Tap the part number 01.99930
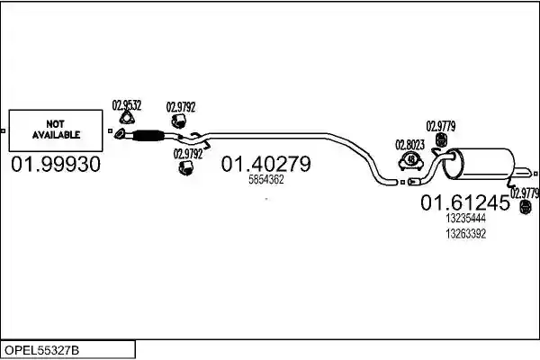tap(56, 164)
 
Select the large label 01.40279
tap(265, 164)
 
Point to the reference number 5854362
tap(265, 179)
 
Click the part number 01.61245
tap(465, 202)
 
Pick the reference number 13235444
tap(465, 218)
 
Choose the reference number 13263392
tap(465, 234)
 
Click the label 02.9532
tap(127, 105)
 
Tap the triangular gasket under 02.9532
tap(127, 118)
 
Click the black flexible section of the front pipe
tap(148, 135)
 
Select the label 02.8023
tap(409, 145)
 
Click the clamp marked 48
tap(410, 161)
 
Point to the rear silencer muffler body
tap(479, 164)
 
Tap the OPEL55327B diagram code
tap(41, 350)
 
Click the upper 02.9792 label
tap(181, 107)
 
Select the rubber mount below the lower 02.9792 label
tap(186, 167)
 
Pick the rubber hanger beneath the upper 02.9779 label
tap(441, 139)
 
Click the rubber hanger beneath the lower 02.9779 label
tap(526, 207)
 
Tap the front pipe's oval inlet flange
tap(120, 134)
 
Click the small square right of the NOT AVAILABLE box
tap(110, 130)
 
